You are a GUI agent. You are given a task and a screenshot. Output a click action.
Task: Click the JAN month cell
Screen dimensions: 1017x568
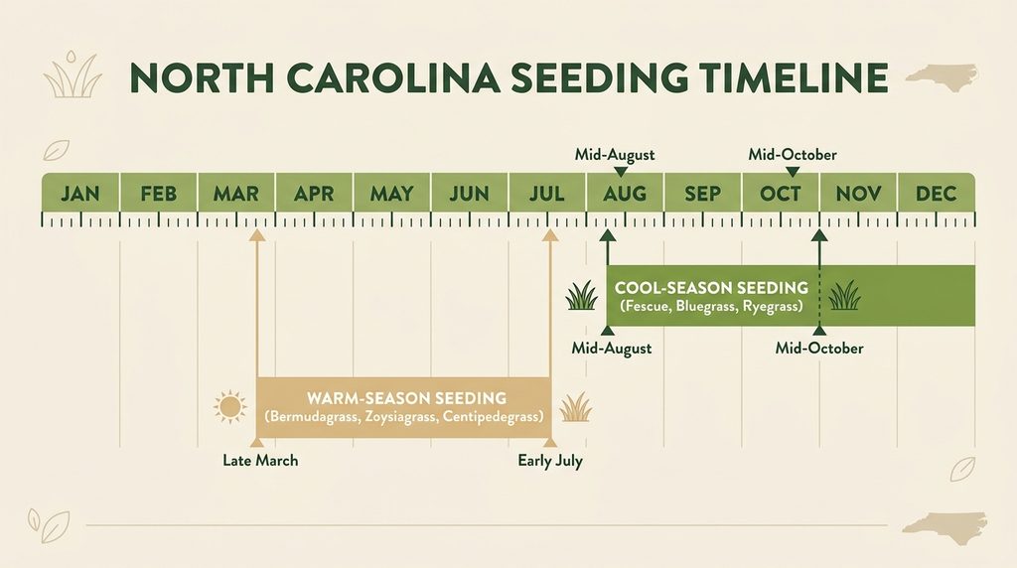pyautogui.click(x=80, y=193)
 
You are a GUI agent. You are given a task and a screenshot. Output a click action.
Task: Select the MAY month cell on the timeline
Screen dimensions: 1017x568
pyautogui.click(x=391, y=193)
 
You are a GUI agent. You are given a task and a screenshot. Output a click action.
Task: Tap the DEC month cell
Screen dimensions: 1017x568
pyautogui.click(x=936, y=193)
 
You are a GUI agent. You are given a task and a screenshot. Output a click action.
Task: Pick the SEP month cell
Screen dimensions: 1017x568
pyautogui.click(x=702, y=193)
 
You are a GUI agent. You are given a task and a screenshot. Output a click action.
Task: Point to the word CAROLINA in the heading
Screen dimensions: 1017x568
pyautogui.click(x=393, y=78)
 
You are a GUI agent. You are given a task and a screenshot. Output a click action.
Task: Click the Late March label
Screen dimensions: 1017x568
pyautogui.click(x=260, y=461)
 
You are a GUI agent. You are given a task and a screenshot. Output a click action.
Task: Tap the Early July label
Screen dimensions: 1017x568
pyautogui.click(x=550, y=461)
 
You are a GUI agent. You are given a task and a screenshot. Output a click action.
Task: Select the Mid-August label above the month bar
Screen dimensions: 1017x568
pyautogui.click(x=615, y=155)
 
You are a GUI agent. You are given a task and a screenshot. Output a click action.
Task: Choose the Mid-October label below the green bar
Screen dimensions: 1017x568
pyautogui.click(x=819, y=349)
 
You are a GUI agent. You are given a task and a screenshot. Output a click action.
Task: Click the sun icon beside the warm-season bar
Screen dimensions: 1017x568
pyautogui.click(x=230, y=407)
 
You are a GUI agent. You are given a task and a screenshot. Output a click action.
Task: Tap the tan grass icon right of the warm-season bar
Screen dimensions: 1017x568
pyautogui.click(x=576, y=407)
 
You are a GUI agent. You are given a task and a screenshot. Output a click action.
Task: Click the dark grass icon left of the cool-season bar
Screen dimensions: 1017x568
pyautogui.click(x=581, y=296)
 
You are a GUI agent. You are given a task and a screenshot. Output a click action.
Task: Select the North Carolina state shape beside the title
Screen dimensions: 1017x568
pyautogui.click(x=943, y=76)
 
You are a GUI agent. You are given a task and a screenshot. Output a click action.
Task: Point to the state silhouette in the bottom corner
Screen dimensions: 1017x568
pyautogui.click(x=945, y=528)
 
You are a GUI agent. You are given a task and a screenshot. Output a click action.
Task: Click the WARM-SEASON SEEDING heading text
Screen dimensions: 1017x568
pyautogui.click(x=406, y=398)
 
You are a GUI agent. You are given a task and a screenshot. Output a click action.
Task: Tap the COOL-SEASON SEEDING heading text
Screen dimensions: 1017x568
pyautogui.click(x=711, y=288)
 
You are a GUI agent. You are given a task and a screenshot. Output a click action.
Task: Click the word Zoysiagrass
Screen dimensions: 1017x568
pyautogui.click(x=400, y=416)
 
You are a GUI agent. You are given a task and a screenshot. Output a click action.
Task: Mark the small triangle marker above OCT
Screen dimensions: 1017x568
pyautogui.click(x=792, y=172)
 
